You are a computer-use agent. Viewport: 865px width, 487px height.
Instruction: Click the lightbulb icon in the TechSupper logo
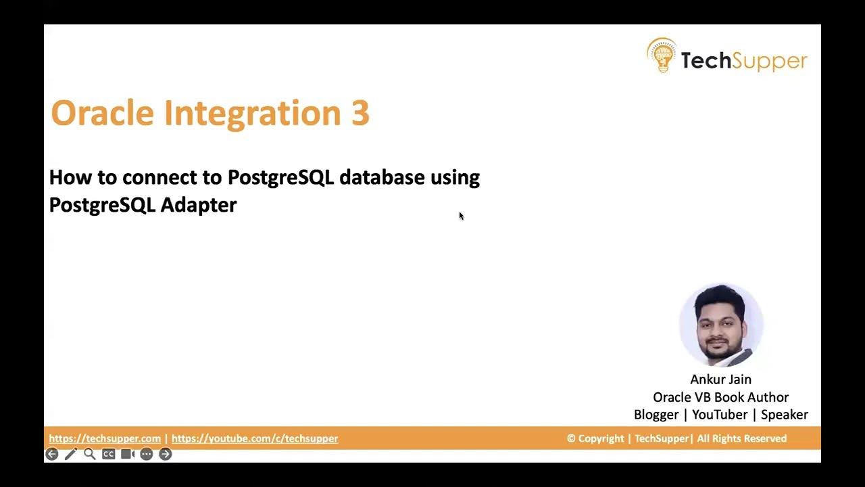[662, 56]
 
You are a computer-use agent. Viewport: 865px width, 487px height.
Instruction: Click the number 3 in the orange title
[360, 113]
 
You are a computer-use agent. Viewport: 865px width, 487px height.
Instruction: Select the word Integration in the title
[253, 113]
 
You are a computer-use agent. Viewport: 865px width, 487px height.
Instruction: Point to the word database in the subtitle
[382, 177]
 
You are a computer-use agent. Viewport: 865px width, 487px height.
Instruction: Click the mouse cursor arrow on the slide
[461, 216]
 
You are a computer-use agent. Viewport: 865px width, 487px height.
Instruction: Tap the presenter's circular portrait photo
[721, 325]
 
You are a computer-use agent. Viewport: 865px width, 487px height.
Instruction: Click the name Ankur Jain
[720, 379]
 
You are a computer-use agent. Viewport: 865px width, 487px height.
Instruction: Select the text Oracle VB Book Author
[720, 397]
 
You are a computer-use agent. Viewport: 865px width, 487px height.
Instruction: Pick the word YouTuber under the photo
[719, 415]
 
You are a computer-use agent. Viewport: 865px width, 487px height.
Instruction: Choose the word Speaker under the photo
[784, 415]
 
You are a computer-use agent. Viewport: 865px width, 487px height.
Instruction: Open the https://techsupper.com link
[105, 438]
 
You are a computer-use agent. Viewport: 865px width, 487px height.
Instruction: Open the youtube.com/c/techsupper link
[255, 438]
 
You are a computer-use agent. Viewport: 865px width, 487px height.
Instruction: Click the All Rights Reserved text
[742, 438]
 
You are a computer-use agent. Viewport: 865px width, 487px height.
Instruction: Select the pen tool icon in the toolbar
[70, 455]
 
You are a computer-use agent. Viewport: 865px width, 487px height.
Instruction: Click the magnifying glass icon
[89, 455]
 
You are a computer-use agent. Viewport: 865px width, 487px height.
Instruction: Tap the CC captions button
[108, 455]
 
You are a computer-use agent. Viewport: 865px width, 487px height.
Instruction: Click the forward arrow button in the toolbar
[166, 455]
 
